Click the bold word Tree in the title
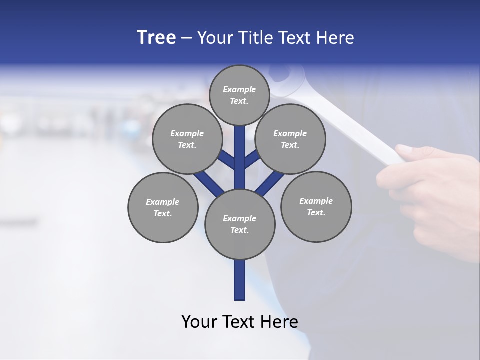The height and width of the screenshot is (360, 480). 156,37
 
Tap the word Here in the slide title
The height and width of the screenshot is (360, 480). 335,38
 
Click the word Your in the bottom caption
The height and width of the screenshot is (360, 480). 200,322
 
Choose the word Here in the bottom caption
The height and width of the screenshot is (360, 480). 279,322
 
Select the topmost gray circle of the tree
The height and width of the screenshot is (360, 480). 239,95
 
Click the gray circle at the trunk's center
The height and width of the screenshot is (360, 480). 240,224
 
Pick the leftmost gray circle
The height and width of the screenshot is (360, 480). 163,208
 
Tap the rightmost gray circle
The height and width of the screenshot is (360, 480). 316,207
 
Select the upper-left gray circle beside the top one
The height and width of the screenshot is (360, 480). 187,139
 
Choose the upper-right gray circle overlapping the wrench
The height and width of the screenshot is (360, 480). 290,139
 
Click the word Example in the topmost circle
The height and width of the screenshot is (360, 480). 239,89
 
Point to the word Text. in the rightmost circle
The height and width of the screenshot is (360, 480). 316,213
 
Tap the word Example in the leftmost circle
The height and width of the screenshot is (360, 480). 162,202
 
